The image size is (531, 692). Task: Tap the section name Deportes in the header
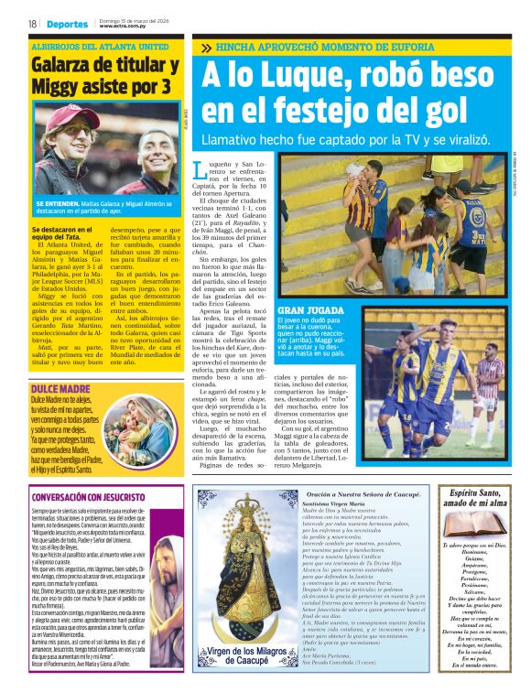[68, 24]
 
